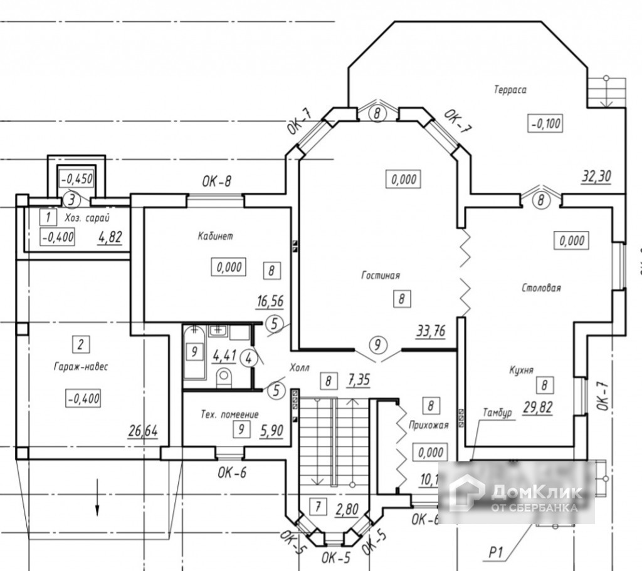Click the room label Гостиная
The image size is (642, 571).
click(380, 275)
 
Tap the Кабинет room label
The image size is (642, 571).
click(215, 236)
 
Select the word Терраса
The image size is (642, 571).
click(510, 90)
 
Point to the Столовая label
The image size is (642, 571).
click(541, 288)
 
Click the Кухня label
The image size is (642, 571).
click(521, 370)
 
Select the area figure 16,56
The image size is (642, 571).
click(270, 301)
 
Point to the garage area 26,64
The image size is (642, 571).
click(142, 431)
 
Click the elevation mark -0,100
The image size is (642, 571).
click(545, 123)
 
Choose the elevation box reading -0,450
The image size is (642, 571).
click(76, 179)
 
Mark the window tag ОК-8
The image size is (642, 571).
click(216, 182)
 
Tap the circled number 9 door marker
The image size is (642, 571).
click(377, 344)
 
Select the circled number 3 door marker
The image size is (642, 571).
click(72, 200)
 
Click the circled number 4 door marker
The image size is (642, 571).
click(250, 359)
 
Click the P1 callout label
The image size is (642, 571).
click(497, 552)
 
